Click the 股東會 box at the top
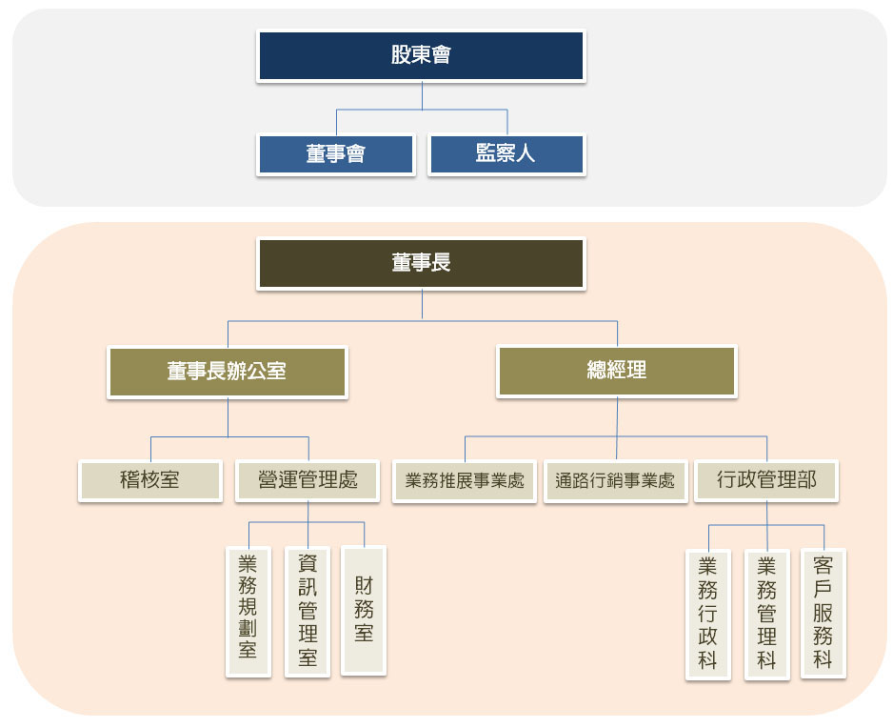pyautogui.click(x=421, y=55)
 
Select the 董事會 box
pyautogui.click(x=336, y=153)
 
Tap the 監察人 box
pyautogui.click(x=506, y=153)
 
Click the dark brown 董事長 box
pyautogui.click(x=421, y=263)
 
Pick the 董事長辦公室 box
pyautogui.click(x=227, y=371)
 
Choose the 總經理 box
pyautogui.click(x=617, y=371)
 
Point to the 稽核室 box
pyautogui.click(x=149, y=480)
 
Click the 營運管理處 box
pyautogui.click(x=308, y=480)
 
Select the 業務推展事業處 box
pyautogui.click(x=465, y=481)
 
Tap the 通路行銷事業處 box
pyautogui.click(x=615, y=481)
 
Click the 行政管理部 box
pyautogui.click(x=766, y=480)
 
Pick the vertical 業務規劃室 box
pyautogui.click(x=248, y=611)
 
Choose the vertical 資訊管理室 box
pyautogui.click(x=308, y=611)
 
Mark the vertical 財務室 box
pyautogui.click(x=364, y=610)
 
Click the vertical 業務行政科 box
pyautogui.click(x=707, y=615)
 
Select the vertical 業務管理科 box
pyautogui.click(x=766, y=615)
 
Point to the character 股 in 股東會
pyautogui.click(x=401, y=55)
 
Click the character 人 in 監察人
pyautogui.click(x=526, y=153)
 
